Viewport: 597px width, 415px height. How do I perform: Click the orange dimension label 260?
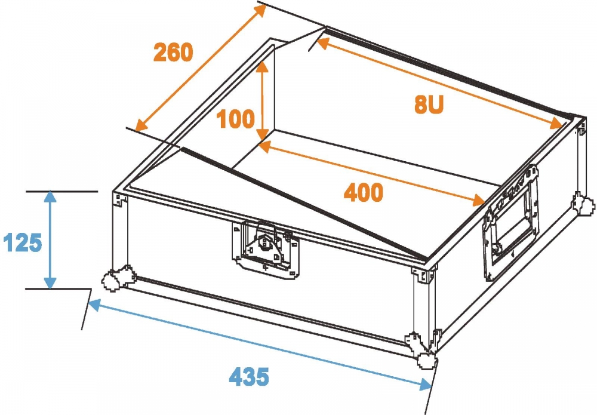[173, 53]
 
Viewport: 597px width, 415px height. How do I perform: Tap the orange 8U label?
[429, 105]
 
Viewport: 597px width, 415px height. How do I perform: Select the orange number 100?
[236, 119]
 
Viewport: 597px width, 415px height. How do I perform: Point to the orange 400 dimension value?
[363, 193]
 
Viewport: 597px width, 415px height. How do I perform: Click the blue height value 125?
[22, 243]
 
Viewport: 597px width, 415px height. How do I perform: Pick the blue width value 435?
[249, 376]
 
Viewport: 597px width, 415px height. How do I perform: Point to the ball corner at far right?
[582, 203]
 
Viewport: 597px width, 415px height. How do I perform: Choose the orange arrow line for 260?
[200, 67]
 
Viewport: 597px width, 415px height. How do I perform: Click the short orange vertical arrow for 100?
[261, 102]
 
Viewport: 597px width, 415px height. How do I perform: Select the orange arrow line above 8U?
[439, 82]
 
